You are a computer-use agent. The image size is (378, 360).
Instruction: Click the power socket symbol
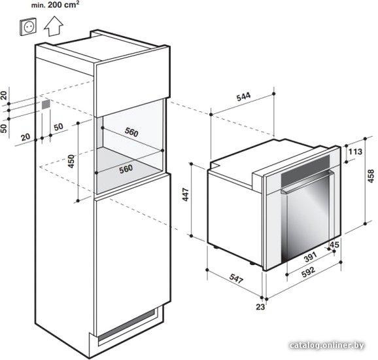tap(28, 27)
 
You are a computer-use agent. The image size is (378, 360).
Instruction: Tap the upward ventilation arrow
tap(54, 26)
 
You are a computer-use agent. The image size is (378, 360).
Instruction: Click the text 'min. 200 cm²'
tap(55, 5)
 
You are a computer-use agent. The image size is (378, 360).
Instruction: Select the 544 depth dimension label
tap(243, 96)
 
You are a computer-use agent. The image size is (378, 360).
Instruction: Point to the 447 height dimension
tap(186, 194)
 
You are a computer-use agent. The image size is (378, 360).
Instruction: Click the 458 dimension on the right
tap(371, 176)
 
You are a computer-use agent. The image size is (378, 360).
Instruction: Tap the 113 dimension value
tap(355, 152)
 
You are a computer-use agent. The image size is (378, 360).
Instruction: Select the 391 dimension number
tap(310, 257)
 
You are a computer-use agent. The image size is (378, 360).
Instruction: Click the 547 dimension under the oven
tap(236, 278)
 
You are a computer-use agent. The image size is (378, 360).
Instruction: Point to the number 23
tap(260, 307)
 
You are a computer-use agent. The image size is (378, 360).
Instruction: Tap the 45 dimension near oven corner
tap(334, 245)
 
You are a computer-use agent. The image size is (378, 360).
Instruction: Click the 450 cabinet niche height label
tap(71, 162)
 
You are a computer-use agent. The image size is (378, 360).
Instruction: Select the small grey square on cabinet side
tap(46, 105)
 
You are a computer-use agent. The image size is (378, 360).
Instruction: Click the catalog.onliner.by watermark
tap(327, 346)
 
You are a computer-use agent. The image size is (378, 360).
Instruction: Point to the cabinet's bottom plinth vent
tap(126, 326)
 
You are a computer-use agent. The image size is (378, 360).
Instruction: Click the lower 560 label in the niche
tap(126, 169)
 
